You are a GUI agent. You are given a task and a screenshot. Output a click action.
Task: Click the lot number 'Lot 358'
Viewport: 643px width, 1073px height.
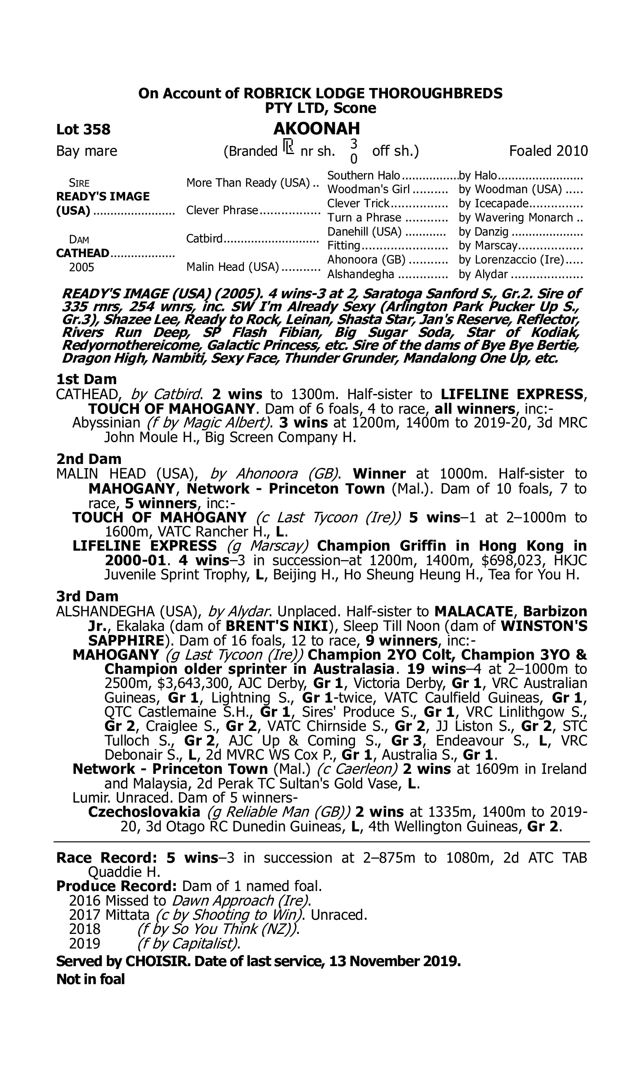tap(83, 129)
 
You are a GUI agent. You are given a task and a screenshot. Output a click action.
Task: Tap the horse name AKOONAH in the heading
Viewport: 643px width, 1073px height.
tap(316, 128)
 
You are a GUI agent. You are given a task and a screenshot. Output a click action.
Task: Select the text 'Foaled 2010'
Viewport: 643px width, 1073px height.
tap(548, 151)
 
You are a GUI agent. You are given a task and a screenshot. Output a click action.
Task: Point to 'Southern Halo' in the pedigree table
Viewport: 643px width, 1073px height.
tap(364, 176)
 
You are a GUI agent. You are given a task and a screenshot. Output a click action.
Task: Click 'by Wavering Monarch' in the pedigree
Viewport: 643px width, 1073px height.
tap(516, 218)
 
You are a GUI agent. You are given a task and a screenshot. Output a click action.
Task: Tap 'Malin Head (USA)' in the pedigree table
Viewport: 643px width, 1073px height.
tap(233, 267)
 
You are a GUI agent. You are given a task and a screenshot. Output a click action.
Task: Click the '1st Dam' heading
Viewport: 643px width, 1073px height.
tap(86, 379)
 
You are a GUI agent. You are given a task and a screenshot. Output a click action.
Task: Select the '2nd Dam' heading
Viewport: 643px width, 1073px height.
tap(88, 459)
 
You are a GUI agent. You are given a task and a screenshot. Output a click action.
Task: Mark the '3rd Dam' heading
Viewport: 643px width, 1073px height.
tap(87, 596)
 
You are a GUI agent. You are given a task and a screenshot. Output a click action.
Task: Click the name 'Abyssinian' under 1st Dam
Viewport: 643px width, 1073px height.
tap(106, 422)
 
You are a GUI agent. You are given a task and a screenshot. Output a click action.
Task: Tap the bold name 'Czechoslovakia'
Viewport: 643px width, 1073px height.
tap(144, 812)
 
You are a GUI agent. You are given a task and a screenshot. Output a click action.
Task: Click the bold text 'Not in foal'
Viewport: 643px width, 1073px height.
tap(90, 979)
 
